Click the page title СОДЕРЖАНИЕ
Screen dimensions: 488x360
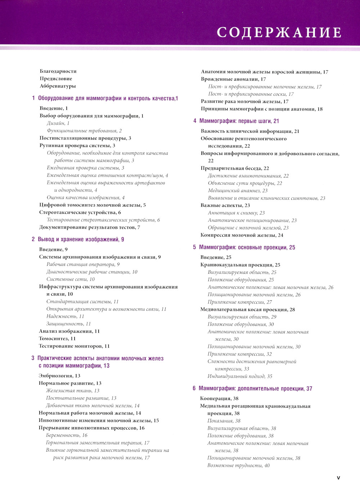pyautogui.click(x=279, y=32)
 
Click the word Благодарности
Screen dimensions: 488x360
pyautogui.click(x=58, y=71)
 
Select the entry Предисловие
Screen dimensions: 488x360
pyautogui.click(x=56, y=79)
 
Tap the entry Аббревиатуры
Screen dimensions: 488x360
pyautogui.click(x=58, y=86)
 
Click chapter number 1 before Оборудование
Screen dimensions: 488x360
pyautogui.click(x=33, y=98)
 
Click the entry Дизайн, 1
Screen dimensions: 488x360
pyautogui.click(x=58, y=123)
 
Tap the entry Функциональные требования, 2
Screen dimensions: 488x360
pyautogui.click(x=84, y=131)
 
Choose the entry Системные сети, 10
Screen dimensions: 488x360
pyautogui.click(x=71, y=279)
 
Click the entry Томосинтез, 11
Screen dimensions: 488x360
pyautogui.click(x=57, y=339)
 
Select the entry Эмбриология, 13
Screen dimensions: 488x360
pyautogui.click(x=59, y=376)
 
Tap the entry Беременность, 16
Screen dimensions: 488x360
pyautogui.click(x=67, y=435)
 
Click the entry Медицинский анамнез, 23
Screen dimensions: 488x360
pyautogui.click(x=238, y=191)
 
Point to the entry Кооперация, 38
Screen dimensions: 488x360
pyautogui.click(x=219, y=398)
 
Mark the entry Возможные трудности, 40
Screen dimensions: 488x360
pyautogui.click(x=238, y=465)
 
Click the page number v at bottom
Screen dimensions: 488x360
pyautogui.click(x=338, y=478)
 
